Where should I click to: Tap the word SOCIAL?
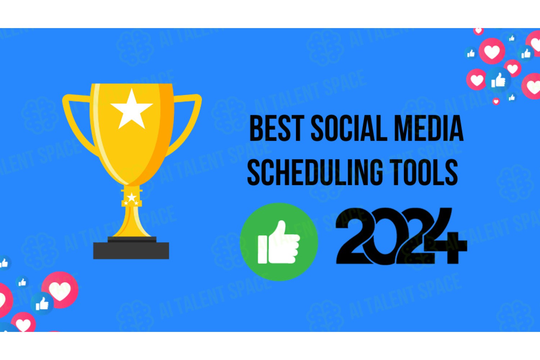(348, 128)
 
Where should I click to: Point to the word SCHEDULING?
(315, 172)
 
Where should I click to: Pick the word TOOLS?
(424, 172)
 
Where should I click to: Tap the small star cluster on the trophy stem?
(131, 199)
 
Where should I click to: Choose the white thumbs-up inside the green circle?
(279, 242)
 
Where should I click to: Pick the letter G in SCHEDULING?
(375, 172)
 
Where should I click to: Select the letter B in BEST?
(256, 128)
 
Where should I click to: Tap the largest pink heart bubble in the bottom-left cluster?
(60, 290)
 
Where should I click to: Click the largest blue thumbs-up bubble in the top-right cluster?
(498, 80)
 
